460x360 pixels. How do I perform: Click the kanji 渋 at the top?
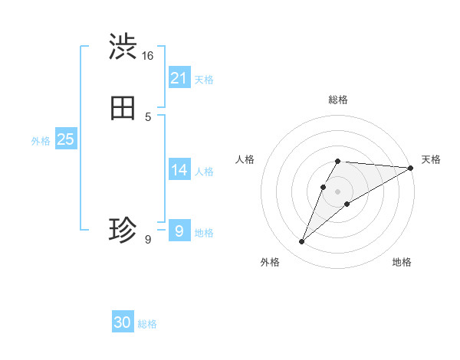(x=123, y=47)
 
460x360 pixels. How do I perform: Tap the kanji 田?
(x=123, y=109)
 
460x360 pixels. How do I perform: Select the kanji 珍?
(x=123, y=230)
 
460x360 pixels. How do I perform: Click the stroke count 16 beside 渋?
(x=147, y=56)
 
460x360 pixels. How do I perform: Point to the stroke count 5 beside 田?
(x=148, y=117)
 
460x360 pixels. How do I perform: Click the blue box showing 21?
(x=179, y=78)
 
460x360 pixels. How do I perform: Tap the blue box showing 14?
(x=179, y=170)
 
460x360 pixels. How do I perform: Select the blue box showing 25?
(x=65, y=139)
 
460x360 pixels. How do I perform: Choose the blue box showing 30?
(x=123, y=322)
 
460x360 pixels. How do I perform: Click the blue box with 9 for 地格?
(x=179, y=231)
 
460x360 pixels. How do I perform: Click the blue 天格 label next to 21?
(x=204, y=80)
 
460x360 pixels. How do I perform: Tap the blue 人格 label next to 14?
(x=204, y=172)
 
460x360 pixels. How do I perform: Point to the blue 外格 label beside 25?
(x=41, y=141)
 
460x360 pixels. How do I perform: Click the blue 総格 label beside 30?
(x=147, y=324)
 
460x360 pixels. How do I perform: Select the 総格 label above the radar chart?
(x=338, y=100)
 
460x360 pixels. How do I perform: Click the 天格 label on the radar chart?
(x=431, y=159)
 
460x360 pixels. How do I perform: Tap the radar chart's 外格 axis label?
(x=270, y=262)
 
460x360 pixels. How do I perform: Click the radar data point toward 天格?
(x=411, y=168)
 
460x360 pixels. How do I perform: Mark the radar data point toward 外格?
(x=302, y=242)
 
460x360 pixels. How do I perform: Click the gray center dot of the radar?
(x=338, y=191)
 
